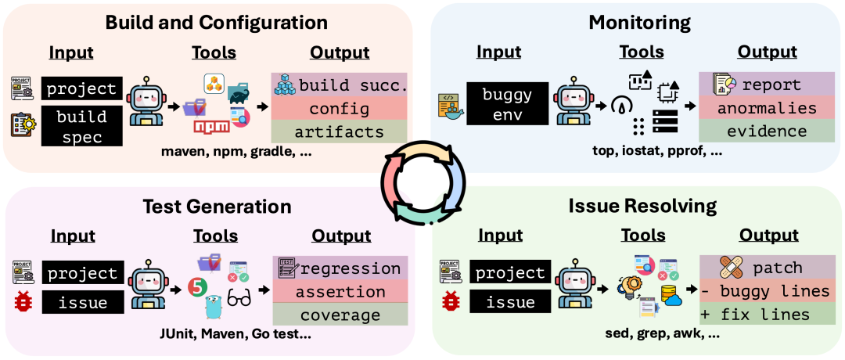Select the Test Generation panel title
[217, 207]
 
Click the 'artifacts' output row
[340, 131]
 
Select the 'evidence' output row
[766, 131]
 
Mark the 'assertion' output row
[340, 292]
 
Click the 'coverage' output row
[340, 315]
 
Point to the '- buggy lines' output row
[766, 292]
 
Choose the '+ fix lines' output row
[766, 315]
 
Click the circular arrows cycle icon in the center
[422, 180]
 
